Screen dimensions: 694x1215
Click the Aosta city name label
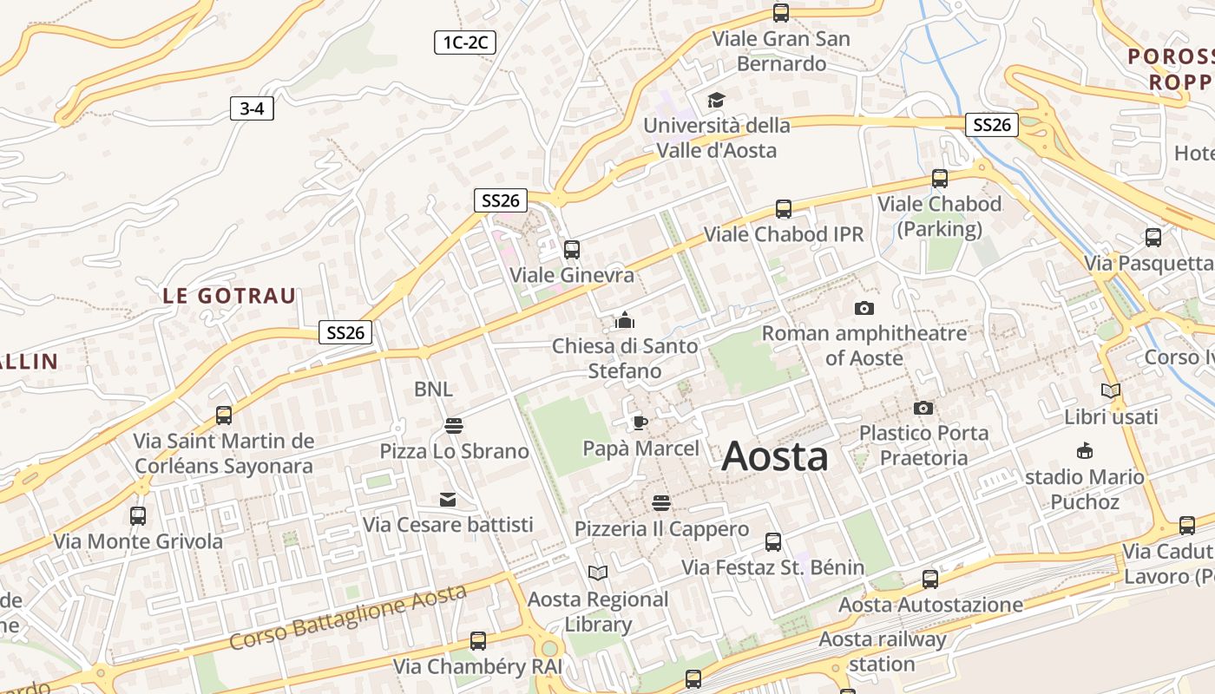tap(774, 456)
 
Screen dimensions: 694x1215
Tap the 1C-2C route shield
tap(465, 42)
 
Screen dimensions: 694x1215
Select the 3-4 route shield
tap(252, 108)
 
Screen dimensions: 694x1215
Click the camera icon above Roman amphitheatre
tap(864, 308)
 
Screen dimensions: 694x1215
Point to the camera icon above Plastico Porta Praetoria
tap(923, 408)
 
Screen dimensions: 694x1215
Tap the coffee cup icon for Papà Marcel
tap(640, 422)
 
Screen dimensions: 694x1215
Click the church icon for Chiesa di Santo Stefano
tap(625, 321)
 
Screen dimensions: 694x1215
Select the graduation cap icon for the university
tap(716, 100)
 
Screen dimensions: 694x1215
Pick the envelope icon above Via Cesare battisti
tap(448, 500)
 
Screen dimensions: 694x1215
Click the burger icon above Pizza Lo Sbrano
tap(453, 425)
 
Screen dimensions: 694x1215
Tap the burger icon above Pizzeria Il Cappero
tap(661, 503)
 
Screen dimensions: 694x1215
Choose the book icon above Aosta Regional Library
tap(598, 573)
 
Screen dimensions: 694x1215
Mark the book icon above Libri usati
tap(1111, 390)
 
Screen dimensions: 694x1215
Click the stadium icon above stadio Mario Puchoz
tap(1084, 451)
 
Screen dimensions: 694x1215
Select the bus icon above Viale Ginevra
tap(571, 250)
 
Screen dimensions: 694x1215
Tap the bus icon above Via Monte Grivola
tap(138, 516)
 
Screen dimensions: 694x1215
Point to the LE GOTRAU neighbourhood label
tap(229, 296)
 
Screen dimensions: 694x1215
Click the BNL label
tap(433, 390)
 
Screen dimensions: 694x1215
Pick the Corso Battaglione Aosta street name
tap(348, 618)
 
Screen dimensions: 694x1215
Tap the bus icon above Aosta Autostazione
tap(930, 579)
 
